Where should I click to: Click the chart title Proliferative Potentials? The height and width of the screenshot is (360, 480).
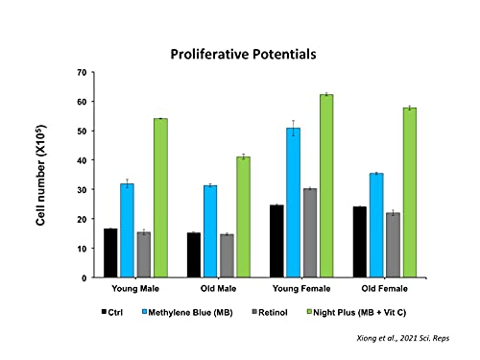point(243,54)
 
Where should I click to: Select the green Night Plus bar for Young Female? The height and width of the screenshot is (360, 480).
point(326,185)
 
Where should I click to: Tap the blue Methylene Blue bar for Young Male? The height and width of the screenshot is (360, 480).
point(128,230)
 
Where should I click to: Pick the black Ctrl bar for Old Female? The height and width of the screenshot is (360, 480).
point(360,242)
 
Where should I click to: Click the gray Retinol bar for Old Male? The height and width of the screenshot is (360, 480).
point(227,255)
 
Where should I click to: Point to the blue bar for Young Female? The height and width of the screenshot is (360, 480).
point(294,203)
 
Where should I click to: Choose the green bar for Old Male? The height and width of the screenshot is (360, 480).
point(244,217)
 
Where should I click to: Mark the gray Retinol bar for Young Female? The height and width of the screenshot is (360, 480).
point(310,233)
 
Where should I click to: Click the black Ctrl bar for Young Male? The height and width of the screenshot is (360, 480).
point(110,252)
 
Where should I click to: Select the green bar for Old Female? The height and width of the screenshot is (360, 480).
point(410,193)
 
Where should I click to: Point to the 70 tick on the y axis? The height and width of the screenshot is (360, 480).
point(82,73)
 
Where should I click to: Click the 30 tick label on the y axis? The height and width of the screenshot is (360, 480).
point(82,190)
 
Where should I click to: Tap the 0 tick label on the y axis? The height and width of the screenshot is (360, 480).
point(84,277)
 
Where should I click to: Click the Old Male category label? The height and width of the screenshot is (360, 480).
point(218,289)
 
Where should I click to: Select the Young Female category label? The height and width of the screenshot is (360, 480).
point(301,289)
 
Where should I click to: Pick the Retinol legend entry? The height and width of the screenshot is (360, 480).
point(270,312)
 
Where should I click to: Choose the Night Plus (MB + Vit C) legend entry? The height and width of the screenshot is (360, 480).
point(356,312)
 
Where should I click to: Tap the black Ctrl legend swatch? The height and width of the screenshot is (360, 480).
point(104,311)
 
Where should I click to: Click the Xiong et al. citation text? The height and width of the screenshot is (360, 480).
point(403,338)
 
